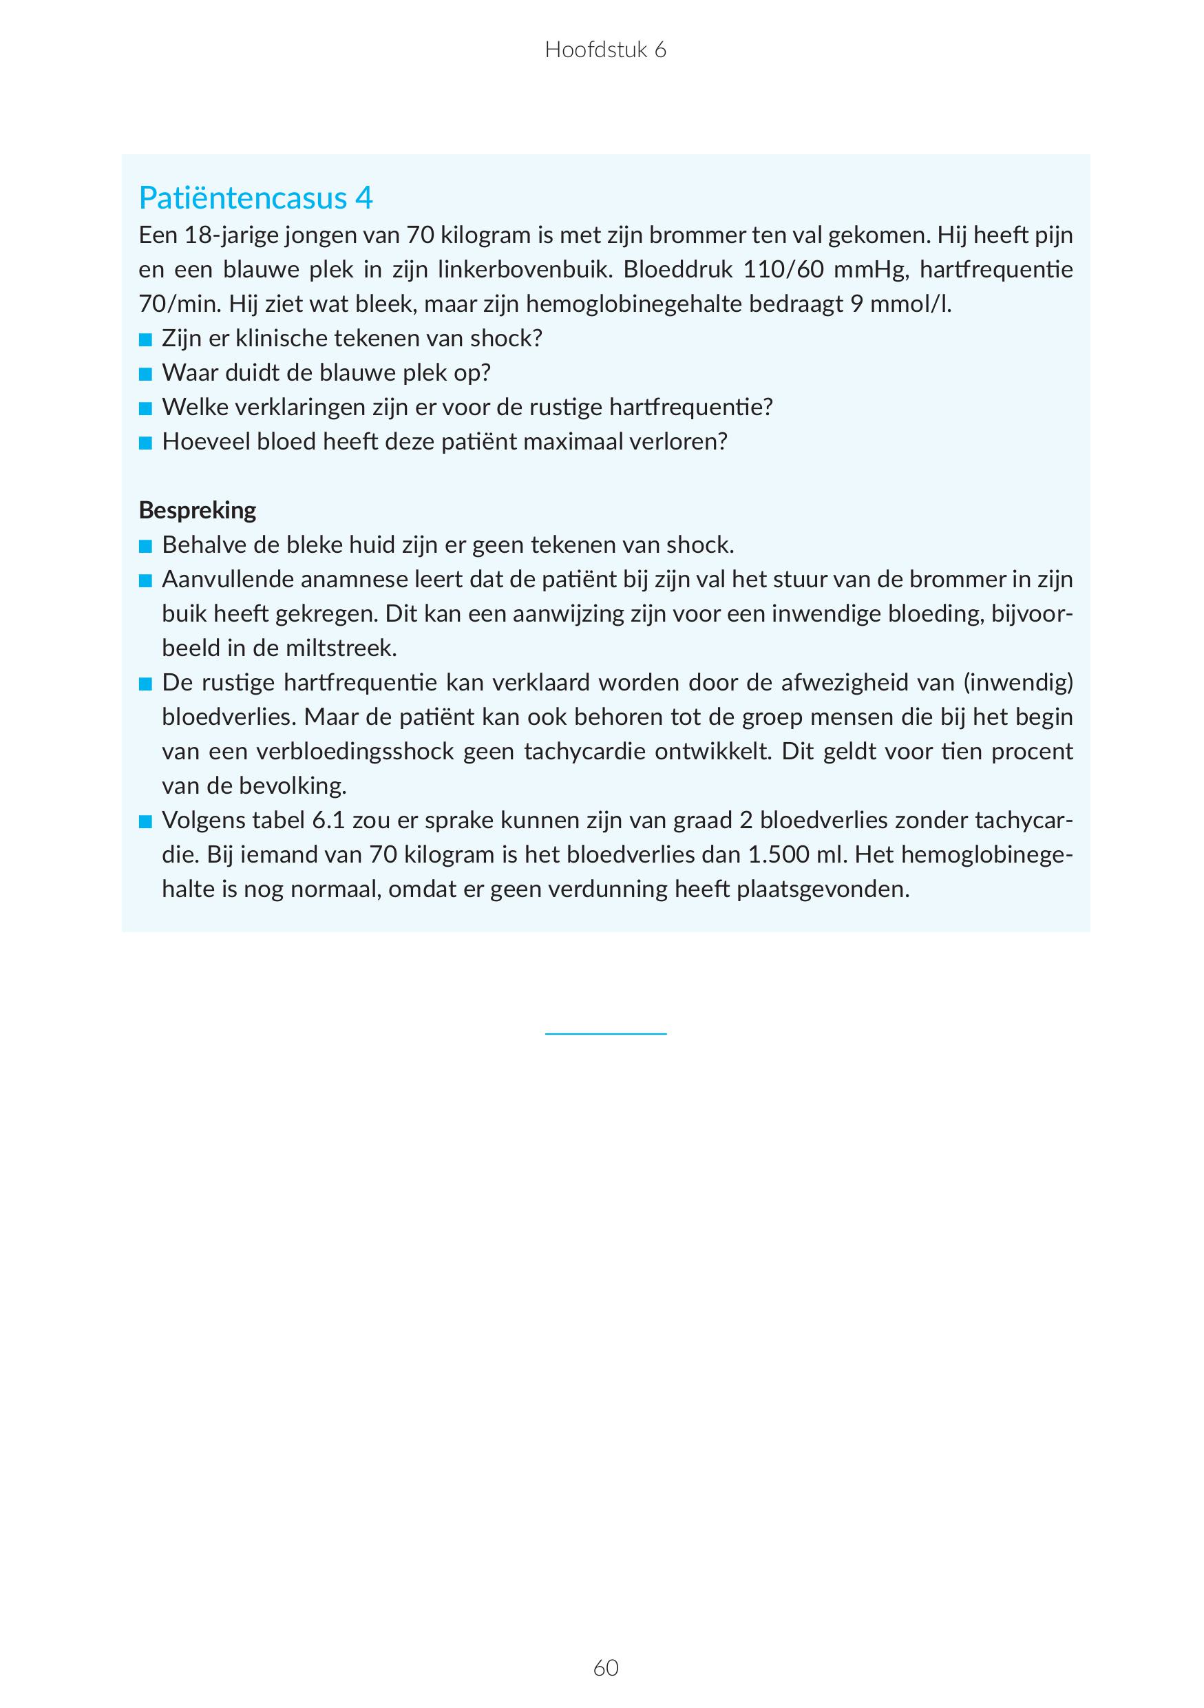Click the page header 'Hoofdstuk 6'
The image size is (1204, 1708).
pyautogui.click(x=605, y=50)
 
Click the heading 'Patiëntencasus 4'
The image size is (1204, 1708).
pyautogui.click(x=256, y=198)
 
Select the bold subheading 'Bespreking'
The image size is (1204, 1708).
pyautogui.click(x=197, y=510)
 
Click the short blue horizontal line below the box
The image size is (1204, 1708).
pyautogui.click(x=605, y=1033)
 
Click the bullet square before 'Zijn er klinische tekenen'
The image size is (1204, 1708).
pyautogui.click(x=145, y=341)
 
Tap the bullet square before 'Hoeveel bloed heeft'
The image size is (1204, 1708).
pyautogui.click(x=145, y=444)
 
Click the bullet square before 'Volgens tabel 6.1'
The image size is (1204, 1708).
pyautogui.click(x=145, y=822)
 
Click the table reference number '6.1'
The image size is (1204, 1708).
pyautogui.click(x=327, y=821)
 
